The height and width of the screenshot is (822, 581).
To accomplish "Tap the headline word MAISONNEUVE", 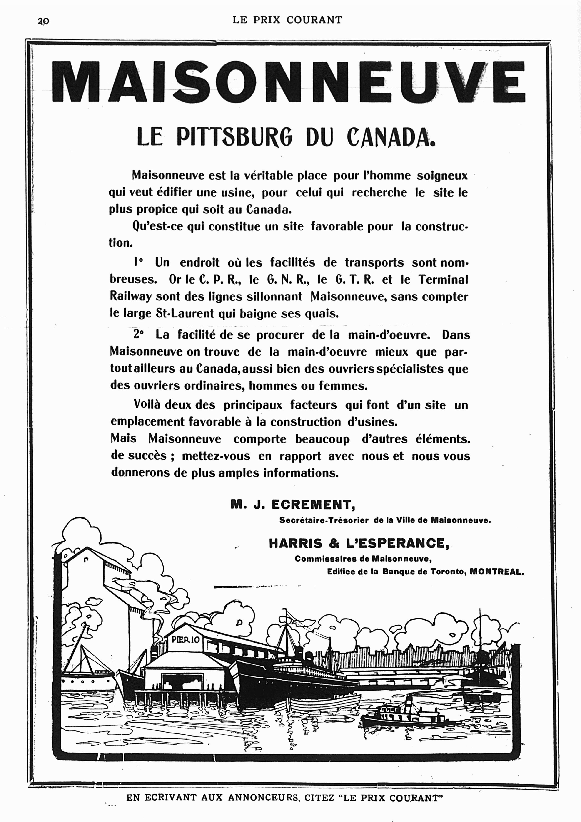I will tap(288, 82).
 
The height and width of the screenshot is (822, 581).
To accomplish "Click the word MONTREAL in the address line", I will tap(496, 572).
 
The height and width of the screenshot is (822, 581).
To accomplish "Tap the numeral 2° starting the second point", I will tap(138, 334).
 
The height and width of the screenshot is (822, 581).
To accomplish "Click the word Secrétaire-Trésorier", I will tap(324, 520).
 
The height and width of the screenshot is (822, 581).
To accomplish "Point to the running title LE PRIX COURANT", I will tap(287, 20).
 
